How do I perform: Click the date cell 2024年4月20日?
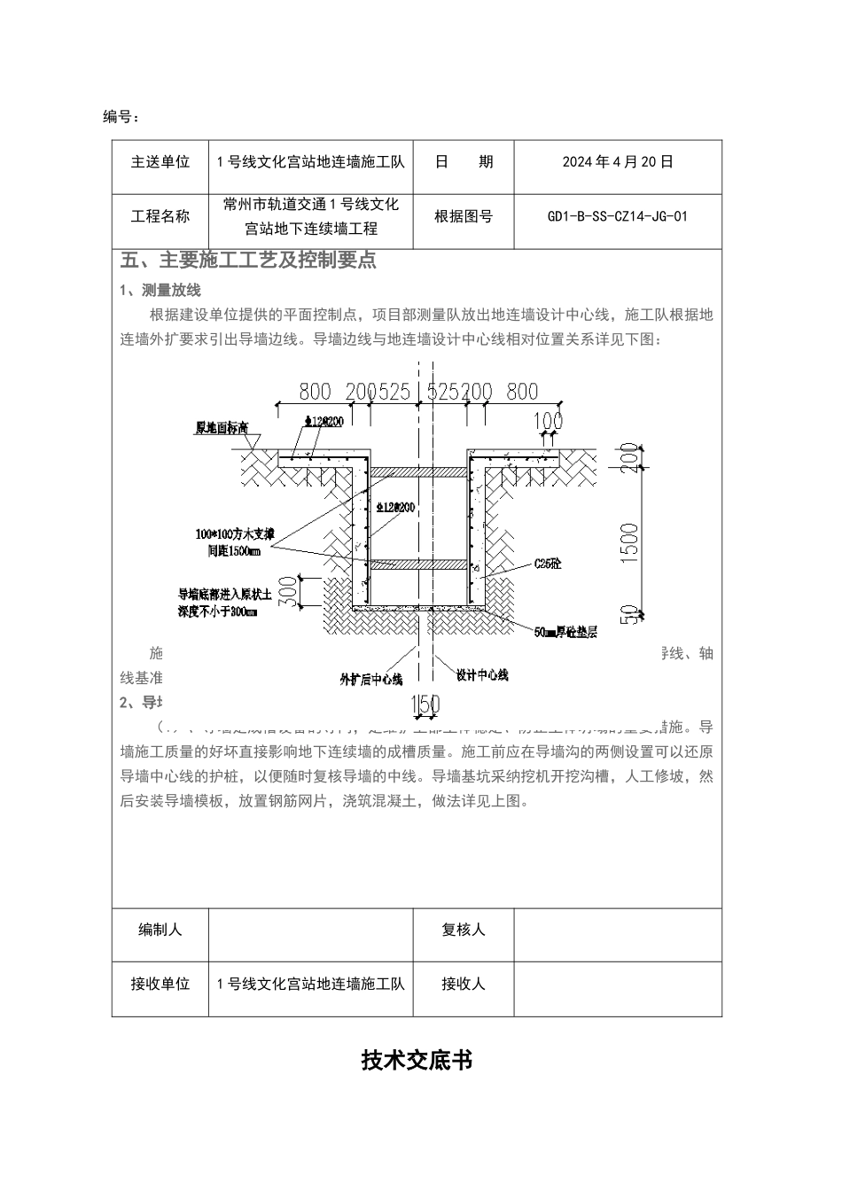(x=618, y=162)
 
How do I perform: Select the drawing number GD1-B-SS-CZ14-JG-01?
(x=618, y=216)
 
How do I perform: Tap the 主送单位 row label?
(x=160, y=162)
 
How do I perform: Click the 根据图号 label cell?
(x=463, y=216)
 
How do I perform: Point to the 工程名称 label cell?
(x=160, y=216)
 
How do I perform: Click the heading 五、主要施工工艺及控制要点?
(x=248, y=261)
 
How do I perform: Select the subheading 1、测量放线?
(x=160, y=291)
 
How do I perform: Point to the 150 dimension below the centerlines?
(x=425, y=705)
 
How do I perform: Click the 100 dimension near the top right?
(x=549, y=418)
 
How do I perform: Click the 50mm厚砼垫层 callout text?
(x=566, y=633)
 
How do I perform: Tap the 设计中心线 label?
(x=482, y=675)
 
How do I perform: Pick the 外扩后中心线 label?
(x=371, y=680)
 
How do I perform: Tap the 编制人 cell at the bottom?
(x=160, y=930)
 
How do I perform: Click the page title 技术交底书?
(x=417, y=1060)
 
